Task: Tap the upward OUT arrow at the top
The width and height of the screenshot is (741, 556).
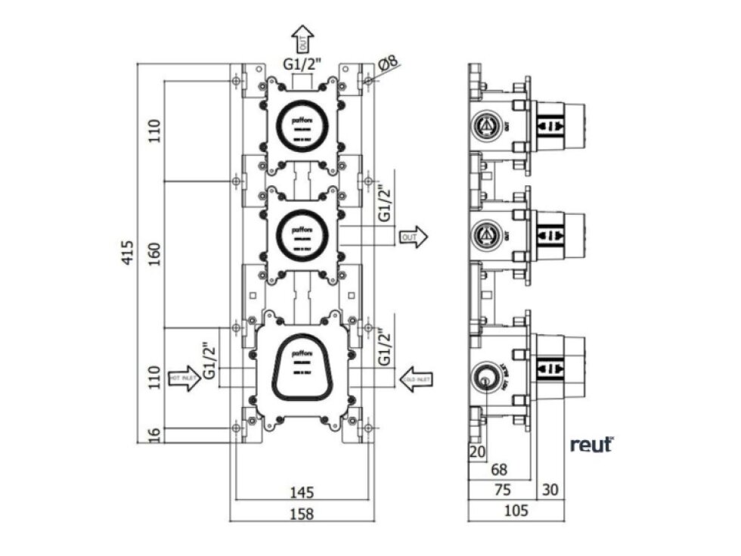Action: pos(302,38)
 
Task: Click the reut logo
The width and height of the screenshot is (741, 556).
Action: pos(591,445)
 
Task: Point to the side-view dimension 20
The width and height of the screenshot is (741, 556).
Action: pos(476,452)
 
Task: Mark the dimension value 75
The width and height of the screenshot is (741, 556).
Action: pos(501,490)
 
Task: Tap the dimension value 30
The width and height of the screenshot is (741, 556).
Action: pos(550,490)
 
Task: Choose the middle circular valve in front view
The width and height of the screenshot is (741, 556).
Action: pos(302,232)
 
